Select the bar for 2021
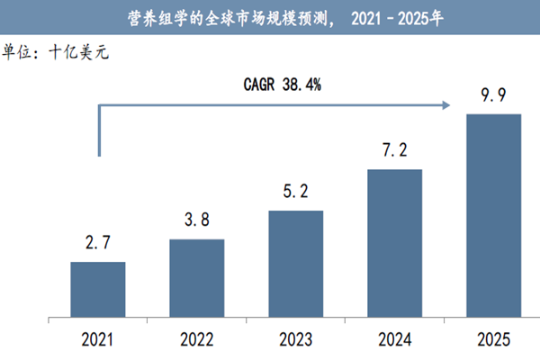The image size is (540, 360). pos(98,289)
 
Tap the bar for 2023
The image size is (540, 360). pos(296,263)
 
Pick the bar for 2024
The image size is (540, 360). pos(394,242)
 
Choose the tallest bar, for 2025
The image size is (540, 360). pos(493,215)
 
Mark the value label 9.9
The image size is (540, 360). pos(493,96)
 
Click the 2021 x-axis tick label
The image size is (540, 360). pos(98,339)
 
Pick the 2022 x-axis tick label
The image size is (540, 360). pos(197,339)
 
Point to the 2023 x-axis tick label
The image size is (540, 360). pos(296,339)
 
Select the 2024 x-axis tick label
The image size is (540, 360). pos(394,339)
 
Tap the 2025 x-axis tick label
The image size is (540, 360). pos(493,339)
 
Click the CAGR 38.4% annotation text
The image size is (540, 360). pos(283,85)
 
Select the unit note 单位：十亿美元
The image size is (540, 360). pos(56,51)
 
